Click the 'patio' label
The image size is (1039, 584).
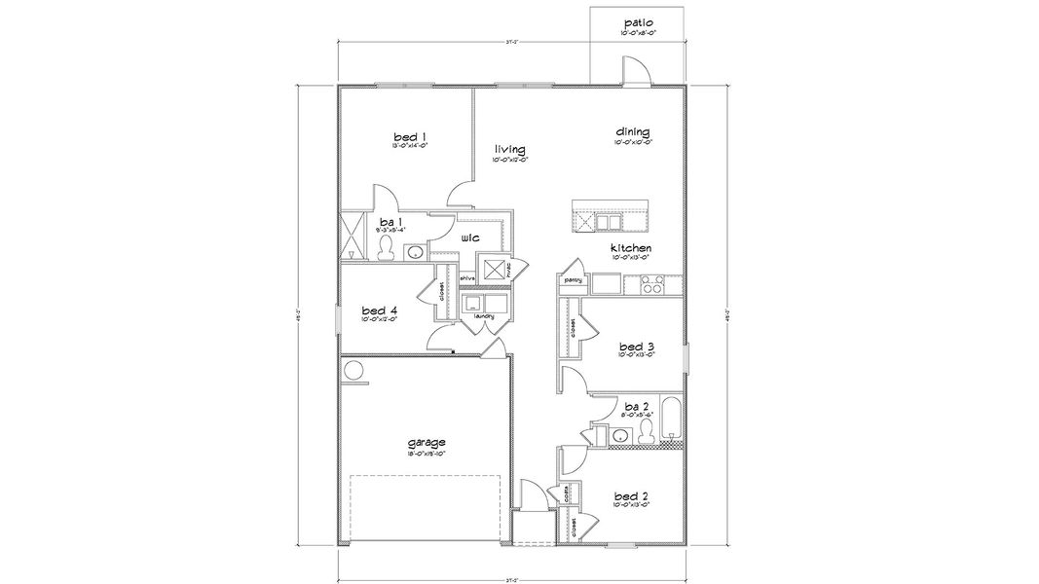tap(639, 21)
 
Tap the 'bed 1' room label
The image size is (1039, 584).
tap(409, 136)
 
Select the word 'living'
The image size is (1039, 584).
tap(509, 149)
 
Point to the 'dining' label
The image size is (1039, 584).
tap(632, 131)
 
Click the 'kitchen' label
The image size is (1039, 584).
tap(631, 248)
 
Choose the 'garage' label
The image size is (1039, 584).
tap(427, 442)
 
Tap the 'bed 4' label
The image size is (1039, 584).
tap(379, 309)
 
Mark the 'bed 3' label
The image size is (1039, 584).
tap(635, 346)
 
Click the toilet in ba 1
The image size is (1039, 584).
tap(388, 247)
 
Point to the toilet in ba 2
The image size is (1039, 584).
tap(646, 431)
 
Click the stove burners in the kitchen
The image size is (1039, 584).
tap(651, 285)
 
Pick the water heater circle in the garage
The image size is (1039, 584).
tap(353, 371)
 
